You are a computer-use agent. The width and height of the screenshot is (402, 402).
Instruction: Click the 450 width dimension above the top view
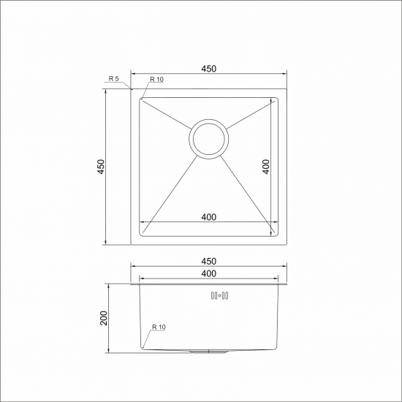coord(208,69)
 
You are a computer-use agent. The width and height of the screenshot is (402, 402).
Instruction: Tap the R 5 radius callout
coord(113,78)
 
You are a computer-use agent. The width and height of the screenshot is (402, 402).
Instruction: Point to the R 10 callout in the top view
coord(157,79)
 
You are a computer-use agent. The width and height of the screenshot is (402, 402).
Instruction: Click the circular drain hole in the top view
coord(209,138)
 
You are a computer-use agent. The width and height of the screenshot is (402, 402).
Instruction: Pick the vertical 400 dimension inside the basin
coord(267,167)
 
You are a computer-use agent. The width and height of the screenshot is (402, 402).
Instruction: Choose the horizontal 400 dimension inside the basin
coord(208,217)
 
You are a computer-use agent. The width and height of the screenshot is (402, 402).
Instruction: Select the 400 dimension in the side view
coord(208,273)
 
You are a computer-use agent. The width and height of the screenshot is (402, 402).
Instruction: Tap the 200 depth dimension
coord(103,319)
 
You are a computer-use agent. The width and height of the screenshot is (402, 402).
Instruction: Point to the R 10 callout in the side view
coord(159,327)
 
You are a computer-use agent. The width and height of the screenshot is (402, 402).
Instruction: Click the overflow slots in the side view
coord(219,296)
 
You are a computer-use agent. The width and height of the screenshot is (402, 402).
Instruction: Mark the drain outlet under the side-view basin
coord(209,352)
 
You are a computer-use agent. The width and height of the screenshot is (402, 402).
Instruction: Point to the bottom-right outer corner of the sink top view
coord(286,244)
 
